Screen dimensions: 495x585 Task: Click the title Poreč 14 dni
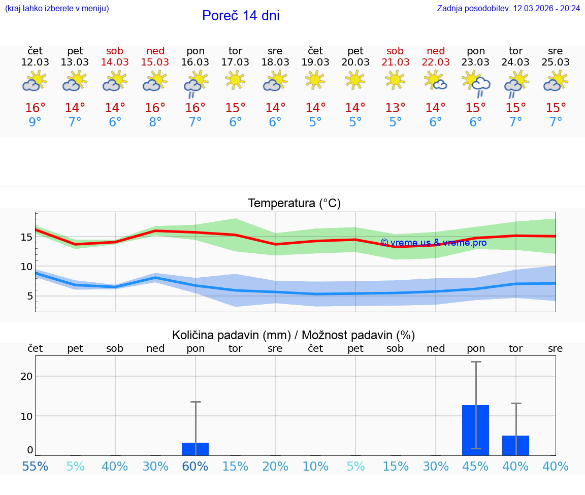[x=241, y=16]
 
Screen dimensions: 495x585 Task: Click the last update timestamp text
[x=508, y=8]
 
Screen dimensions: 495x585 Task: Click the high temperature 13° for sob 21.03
[x=395, y=108]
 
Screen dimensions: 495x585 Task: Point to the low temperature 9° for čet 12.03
[x=35, y=122]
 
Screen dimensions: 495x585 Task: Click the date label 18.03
[x=275, y=62]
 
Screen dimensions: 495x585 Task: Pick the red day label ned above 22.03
[x=435, y=51]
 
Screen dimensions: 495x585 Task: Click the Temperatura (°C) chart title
[x=294, y=204]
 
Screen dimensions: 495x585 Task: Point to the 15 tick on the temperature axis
[x=27, y=237]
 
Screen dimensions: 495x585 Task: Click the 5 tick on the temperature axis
[x=30, y=296]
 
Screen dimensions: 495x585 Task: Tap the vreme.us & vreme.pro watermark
[x=434, y=243]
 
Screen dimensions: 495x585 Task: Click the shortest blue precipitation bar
[x=195, y=449]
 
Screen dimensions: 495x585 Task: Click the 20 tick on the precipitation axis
[x=27, y=376]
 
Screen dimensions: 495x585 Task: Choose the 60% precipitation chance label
[x=195, y=466]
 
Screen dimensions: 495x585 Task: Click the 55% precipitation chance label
[x=35, y=466]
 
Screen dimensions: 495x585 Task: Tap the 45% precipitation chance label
[x=475, y=466]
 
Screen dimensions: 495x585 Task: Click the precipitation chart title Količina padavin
[x=294, y=335]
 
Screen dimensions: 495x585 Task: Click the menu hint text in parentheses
[x=57, y=8]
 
